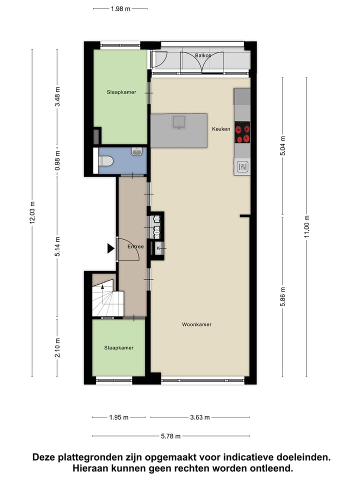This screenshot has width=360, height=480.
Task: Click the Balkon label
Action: pyautogui.click(x=203, y=55)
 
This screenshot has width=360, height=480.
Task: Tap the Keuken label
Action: pyautogui.click(x=221, y=129)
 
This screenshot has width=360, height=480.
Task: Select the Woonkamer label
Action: pyautogui.click(x=196, y=324)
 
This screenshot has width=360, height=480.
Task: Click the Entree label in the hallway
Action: pyautogui.click(x=135, y=246)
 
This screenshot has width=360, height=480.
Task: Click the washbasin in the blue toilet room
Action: pyautogui.click(x=137, y=151)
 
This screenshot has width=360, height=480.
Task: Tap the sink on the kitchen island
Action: pyautogui.click(x=178, y=121)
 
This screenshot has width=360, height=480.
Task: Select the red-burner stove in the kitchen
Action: pyautogui.click(x=242, y=132)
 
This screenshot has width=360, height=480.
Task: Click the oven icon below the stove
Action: pyautogui.click(x=242, y=166)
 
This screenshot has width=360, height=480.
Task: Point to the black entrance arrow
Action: pyautogui.click(x=110, y=248)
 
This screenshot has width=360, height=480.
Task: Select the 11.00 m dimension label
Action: pyautogui.click(x=307, y=227)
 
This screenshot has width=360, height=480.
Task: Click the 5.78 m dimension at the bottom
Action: pyautogui.click(x=171, y=436)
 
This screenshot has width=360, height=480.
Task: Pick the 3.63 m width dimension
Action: pyautogui.click(x=199, y=417)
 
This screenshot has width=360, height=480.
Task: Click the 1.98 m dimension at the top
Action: pyautogui.click(x=120, y=8)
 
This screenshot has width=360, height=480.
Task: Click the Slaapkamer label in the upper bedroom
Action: pyautogui.click(x=121, y=92)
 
